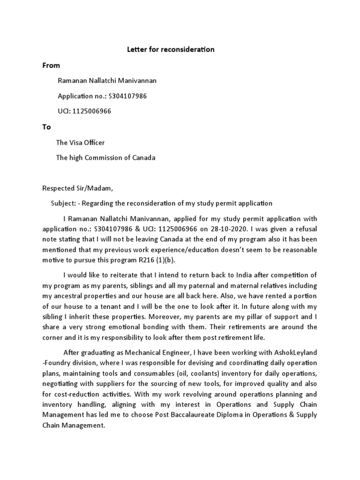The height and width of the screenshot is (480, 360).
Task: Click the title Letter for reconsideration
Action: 171,49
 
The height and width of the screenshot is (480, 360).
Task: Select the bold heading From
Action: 51,65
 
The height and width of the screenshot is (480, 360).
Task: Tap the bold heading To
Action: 47,127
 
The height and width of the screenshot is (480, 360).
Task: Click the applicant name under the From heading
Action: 107,81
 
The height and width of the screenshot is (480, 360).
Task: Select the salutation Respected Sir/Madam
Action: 77,188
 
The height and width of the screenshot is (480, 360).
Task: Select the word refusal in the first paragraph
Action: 304,230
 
